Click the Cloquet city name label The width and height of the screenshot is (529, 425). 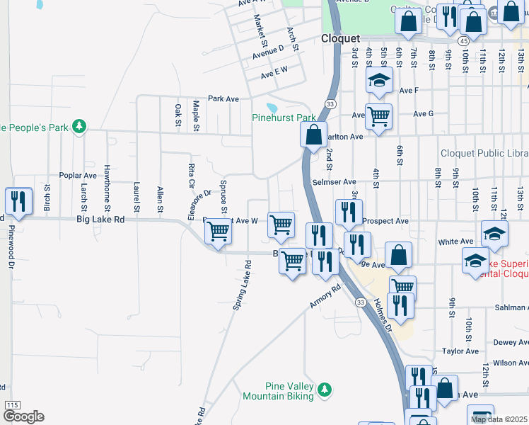click(340, 39)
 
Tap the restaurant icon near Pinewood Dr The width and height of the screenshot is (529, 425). click(18, 201)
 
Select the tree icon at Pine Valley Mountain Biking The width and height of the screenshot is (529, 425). click(325, 389)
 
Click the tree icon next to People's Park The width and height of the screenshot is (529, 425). click(81, 126)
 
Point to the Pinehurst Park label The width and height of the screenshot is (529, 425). click(284, 118)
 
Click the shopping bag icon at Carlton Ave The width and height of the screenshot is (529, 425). click(313, 134)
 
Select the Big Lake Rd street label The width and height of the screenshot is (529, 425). click(100, 220)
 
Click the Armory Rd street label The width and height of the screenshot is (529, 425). click(325, 297)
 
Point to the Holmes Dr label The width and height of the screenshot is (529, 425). click(383, 313)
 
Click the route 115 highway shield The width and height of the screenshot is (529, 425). click(12, 404)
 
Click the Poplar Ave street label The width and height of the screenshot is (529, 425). click(78, 175)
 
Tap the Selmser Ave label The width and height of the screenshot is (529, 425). click(334, 182)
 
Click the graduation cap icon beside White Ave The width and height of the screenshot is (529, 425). click(494, 234)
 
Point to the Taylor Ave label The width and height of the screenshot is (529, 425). click(460, 351)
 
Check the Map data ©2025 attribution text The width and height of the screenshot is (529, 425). click(499, 419)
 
